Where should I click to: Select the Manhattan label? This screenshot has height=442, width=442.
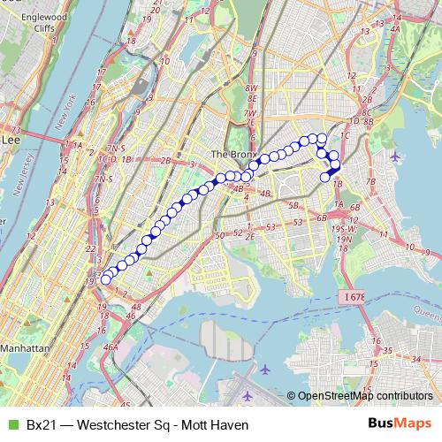pyautogui.click(x=25, y=348)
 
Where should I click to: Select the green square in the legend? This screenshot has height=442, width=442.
pyautogui.click(x=12, y=424)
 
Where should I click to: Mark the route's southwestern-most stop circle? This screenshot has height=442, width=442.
pyautogui.click(x=106, y=279)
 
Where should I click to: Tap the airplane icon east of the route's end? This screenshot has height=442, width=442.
pyautogui.click(x=394, y=157)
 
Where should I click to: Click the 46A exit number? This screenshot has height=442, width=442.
pyautogui.click(x=110, y=347)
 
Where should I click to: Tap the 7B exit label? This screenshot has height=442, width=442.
pyautogui.click(x=371, y=182)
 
